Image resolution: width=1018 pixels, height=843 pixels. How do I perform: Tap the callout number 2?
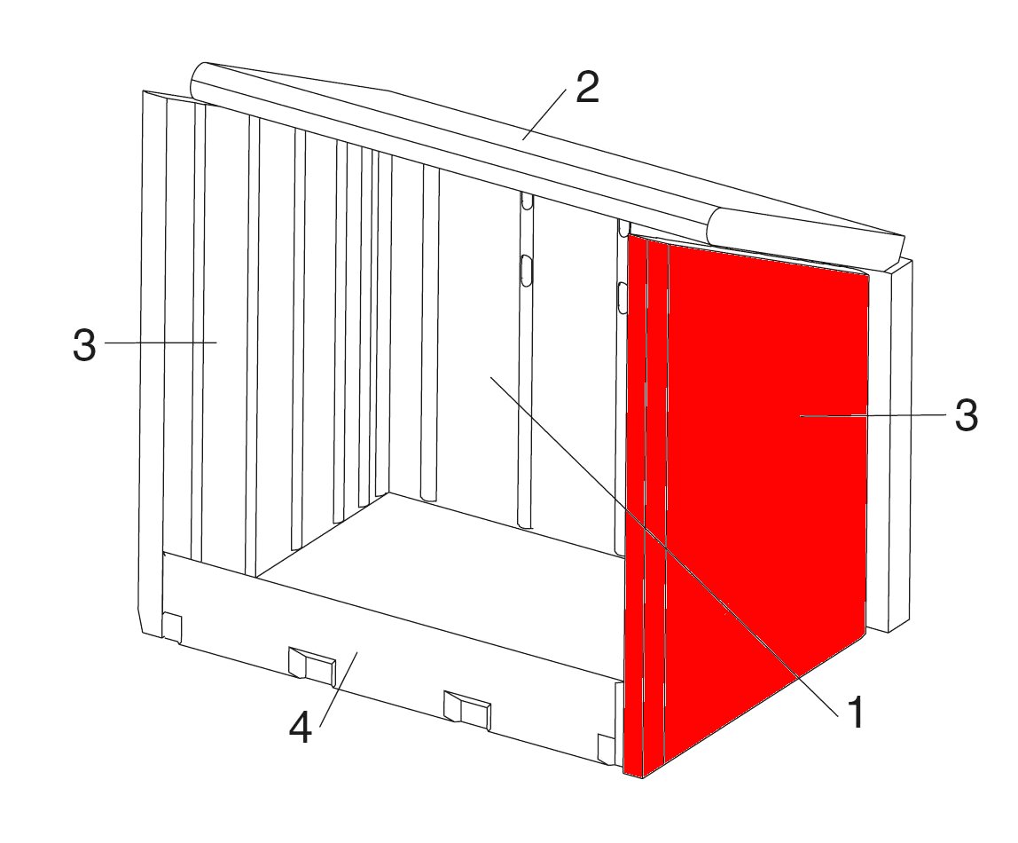click(587, 88)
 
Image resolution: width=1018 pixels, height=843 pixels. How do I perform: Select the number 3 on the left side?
click(84, 345)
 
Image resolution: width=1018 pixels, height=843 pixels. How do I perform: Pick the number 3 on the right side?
click(966, 415)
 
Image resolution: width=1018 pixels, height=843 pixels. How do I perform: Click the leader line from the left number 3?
click(161, 343)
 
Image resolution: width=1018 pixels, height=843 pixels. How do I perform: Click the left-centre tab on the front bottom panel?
click(312, 665)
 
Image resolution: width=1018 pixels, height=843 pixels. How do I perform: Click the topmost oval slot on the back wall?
click(527, 202)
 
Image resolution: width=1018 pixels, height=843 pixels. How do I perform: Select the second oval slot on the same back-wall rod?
click(527, 269)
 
